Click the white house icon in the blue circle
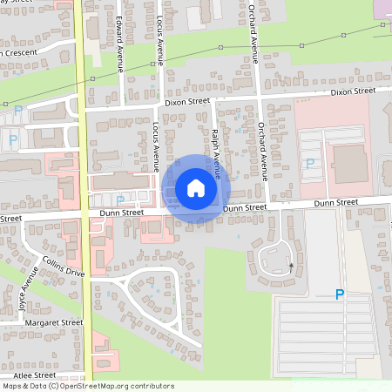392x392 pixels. pyautogui.click(x=195, y=188)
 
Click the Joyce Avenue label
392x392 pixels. pyautogui.click(x=24, y=294)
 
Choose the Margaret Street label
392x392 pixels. pyautogui.click(x=53, y=322)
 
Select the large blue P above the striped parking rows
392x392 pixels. pyautogui.click(x=340, y=295)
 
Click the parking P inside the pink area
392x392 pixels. pyautogui.click(x=309, y=163)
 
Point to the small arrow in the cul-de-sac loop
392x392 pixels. pyautogui.click(x=291, y=264)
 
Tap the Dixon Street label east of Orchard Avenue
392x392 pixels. pyautogui.click(x=352, y=91)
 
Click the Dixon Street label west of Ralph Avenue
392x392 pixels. pyautogui.click(x=187, y=101)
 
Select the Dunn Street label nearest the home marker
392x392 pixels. pyautogui.click(x=244, y=207)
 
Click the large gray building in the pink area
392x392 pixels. pyautogui.click(x=350, y=163)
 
